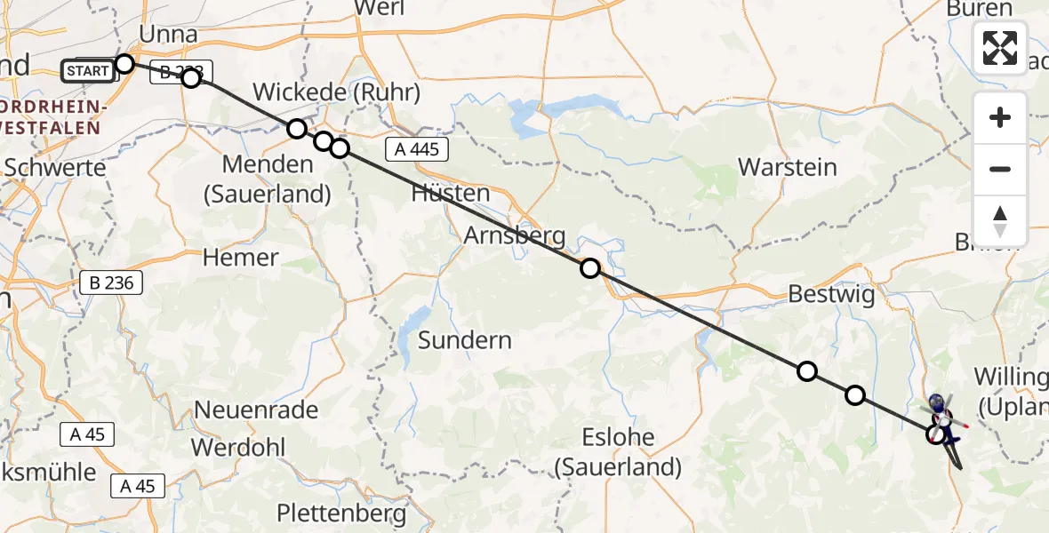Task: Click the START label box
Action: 88,70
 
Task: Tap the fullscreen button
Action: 1000,48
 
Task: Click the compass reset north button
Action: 1000,221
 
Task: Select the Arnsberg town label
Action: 515,236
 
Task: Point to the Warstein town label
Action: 788,167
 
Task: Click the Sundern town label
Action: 464,340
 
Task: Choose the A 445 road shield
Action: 416,149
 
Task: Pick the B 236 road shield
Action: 111,283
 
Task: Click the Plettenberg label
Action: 341,513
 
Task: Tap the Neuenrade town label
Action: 256,410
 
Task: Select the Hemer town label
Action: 240,258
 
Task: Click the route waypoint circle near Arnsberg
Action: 590,268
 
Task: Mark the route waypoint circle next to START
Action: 124,64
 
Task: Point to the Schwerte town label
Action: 55,167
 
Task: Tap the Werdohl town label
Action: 240,447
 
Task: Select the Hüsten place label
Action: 451,193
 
